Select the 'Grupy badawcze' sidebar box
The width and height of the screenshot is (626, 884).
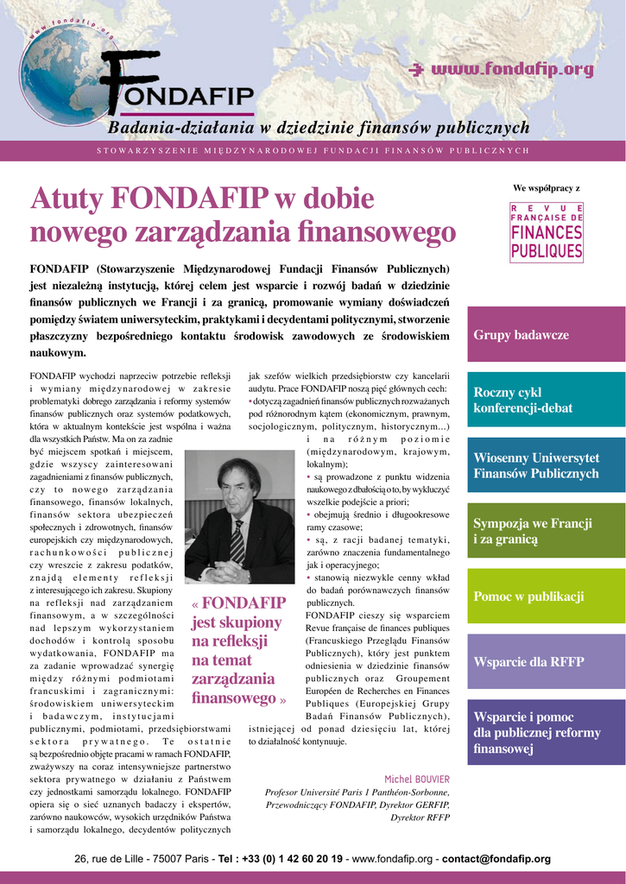pos(546,334)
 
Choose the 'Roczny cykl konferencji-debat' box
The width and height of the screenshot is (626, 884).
pos(546,400)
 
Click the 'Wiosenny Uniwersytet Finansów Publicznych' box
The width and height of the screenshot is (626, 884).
pos(546,465)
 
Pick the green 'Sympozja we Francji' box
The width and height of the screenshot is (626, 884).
pos(546,531)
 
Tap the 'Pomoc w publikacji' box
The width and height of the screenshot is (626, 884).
pos(546,597)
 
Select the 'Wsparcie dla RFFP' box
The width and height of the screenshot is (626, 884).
pos(546,662)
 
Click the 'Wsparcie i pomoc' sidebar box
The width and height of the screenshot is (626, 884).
pos(546,733)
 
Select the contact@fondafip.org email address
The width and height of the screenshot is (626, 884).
pos(496,859)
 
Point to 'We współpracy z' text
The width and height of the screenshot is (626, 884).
pos(546,187)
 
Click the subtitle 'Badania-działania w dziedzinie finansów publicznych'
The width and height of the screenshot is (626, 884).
pos(318,128)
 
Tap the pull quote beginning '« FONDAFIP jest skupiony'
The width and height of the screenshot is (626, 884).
pos(238,650)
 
